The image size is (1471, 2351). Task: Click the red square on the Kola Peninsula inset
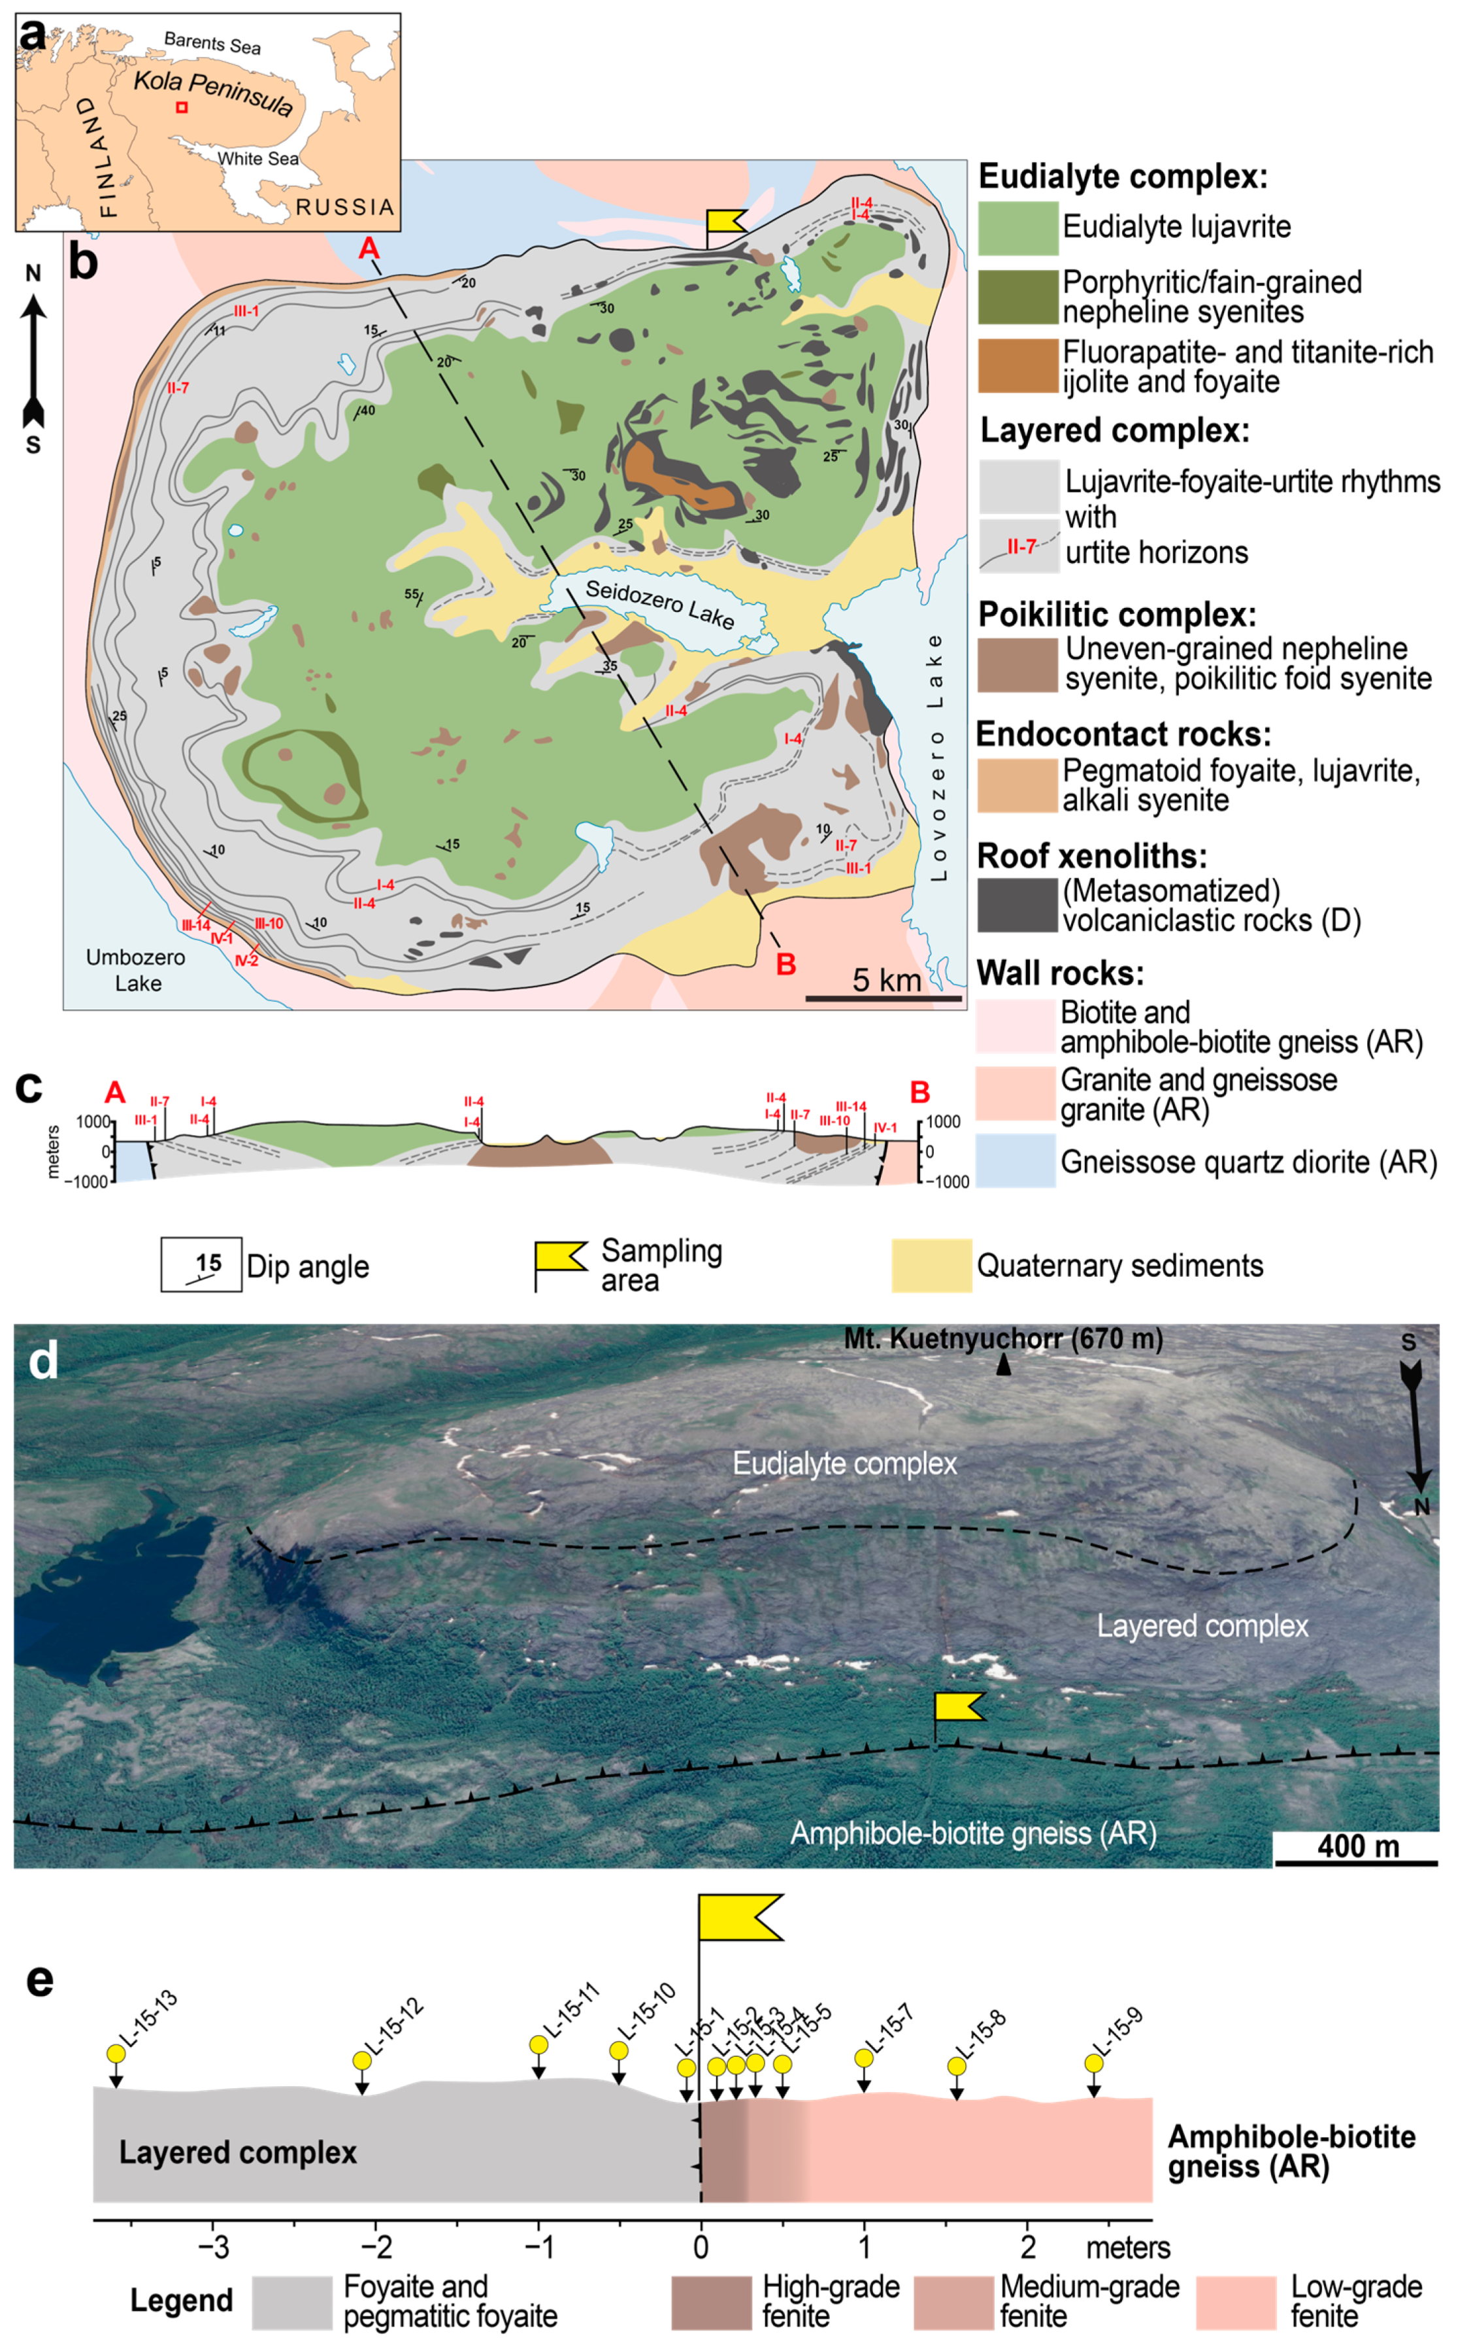[182, 107]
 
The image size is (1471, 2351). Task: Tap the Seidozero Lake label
[659, 603]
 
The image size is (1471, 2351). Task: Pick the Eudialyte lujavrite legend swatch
[1017, 228]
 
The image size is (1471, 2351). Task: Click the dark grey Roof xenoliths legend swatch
[1017, 904]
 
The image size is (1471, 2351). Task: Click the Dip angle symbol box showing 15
[201, 1265]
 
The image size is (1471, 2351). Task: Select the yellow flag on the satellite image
[957, 1706]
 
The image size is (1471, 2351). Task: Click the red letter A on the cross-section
[115, 1092]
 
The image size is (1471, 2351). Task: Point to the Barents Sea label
[212, 42]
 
